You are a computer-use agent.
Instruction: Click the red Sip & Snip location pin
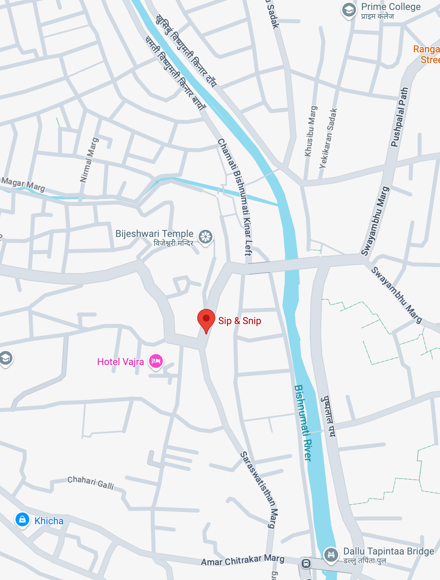[206, 319]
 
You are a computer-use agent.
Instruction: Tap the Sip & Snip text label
[240, 321]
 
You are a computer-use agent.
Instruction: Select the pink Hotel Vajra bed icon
[156, 361]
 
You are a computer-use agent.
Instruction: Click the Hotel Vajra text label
[121, 362]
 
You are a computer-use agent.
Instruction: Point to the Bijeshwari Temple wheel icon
[206, 237]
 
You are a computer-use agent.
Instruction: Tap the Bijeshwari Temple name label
[154, 234]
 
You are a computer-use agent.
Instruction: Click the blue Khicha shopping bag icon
[22, 520]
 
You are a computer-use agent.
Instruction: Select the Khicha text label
[49, 521]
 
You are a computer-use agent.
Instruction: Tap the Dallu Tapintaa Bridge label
[389, 551]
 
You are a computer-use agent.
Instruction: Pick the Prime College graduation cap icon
[349, 10]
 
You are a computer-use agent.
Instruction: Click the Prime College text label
[391, 7]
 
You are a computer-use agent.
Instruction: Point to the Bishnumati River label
[303, 423]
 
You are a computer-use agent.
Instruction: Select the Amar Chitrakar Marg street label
[243, 560]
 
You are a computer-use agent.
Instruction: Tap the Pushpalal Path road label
[399, 117]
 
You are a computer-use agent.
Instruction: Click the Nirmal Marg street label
[89, 160]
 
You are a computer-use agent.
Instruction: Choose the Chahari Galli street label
[91, 482]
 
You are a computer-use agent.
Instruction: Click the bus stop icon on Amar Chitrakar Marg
[306, 563]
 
